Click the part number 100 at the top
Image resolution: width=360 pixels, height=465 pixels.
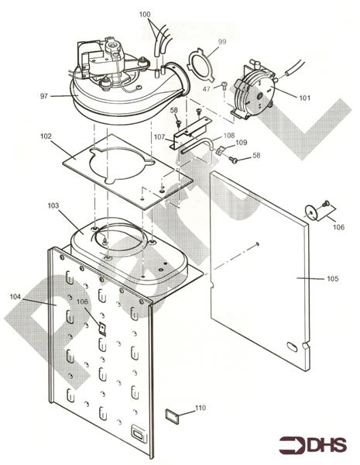[146, 15]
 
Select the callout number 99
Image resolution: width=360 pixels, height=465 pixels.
[222, 40]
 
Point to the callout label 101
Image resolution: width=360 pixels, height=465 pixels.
[303, 98]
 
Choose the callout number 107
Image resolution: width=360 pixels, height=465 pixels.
[159, 137]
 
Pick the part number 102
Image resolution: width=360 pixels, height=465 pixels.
[46, 136]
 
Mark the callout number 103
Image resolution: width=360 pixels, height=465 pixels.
[53, 206]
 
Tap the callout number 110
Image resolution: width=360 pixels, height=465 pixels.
[201, 408]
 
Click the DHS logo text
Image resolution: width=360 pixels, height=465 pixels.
[325, 445]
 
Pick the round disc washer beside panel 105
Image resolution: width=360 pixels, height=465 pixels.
[311, 210]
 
